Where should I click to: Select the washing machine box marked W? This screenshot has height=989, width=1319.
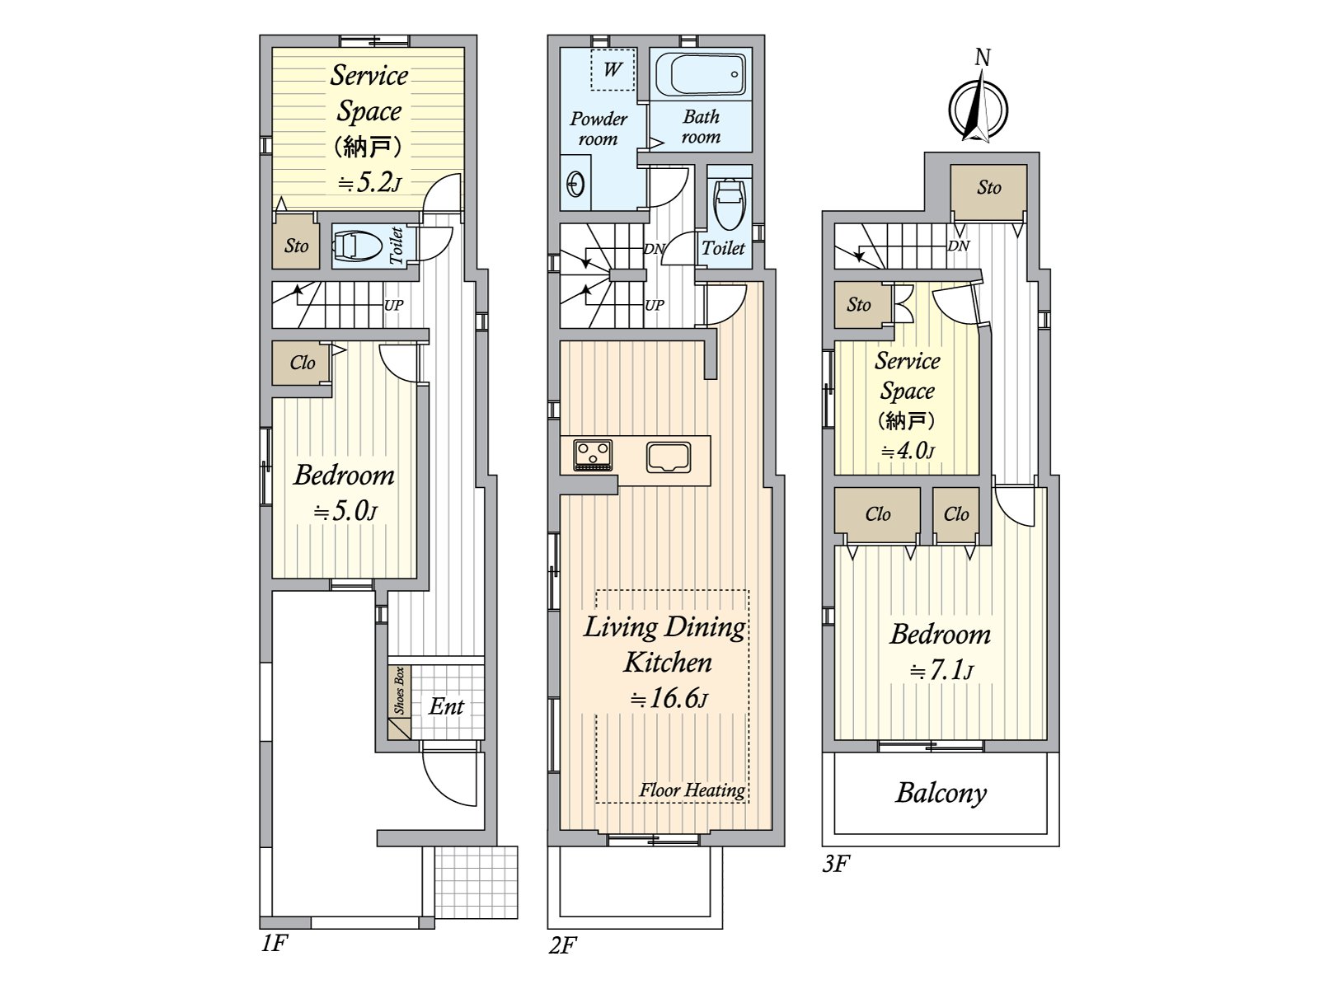coord(613,69)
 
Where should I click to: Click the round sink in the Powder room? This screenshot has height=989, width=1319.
coord(575,183)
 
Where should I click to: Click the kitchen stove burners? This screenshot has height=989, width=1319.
coord(593,454)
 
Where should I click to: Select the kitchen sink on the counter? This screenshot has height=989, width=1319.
coord(668,456)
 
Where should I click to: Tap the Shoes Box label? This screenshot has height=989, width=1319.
coord(400,691)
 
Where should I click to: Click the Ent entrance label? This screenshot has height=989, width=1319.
coord(446,706)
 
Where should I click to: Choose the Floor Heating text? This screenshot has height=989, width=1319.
coord(692,790)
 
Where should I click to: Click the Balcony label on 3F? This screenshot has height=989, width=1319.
coord(941,793)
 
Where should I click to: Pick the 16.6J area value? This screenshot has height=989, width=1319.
coord(669,698)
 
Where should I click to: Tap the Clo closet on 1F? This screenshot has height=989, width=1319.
coord(302,363)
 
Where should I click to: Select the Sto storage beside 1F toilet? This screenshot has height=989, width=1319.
coord(296,246)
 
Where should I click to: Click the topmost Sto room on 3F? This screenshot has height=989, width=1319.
coord(988,188)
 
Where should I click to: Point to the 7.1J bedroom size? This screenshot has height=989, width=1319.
coord(941,670)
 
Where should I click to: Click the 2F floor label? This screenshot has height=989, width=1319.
coord(562,944)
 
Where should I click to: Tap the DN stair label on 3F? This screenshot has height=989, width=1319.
coord(958,246)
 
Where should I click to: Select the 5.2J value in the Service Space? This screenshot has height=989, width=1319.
coord(368,182)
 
